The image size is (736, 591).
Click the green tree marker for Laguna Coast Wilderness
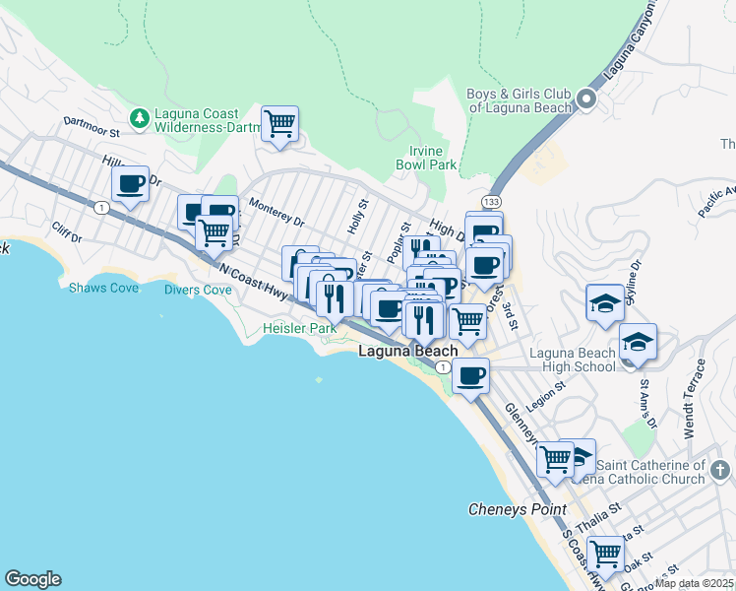click(x=140, y=118)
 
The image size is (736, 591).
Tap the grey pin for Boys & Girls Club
click(x=586, y=98)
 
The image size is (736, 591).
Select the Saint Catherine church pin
click(x=719, y=470)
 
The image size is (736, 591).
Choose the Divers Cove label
click(x=198, y=290)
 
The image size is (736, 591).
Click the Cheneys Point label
click(x=517, y=509)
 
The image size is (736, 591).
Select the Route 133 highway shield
click(x=492, y=202)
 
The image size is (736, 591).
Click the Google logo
click(x=32, y=579)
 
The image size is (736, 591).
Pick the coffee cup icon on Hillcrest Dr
click(x=130, y=183)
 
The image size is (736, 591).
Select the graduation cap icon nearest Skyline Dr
click(x=604, y=302)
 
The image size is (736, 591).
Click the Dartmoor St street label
click(x=91, y=126)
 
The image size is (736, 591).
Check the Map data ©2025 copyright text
click(x=694, y=583)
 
